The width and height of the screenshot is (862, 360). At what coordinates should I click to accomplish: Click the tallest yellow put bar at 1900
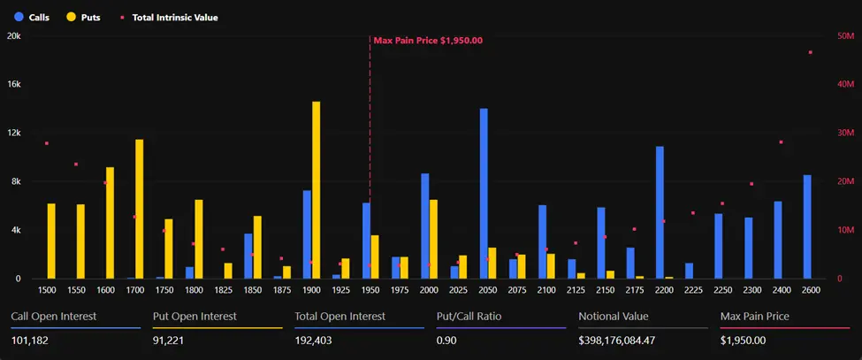(316, 190)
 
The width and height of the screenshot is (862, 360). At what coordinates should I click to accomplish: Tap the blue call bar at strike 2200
(660, 212)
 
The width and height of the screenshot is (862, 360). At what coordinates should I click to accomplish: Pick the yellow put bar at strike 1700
(139, 209)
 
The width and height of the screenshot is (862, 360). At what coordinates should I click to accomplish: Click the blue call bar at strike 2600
(807, 226)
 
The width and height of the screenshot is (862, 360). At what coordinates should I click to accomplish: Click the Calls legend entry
(33, 17)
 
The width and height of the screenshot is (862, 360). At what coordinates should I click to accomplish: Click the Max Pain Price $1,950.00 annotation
(428, 41)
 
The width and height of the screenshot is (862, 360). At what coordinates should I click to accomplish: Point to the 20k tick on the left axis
(14, 36)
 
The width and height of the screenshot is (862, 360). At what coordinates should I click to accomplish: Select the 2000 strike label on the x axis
(429, 289)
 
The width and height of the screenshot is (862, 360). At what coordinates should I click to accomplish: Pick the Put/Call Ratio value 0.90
(448, 341)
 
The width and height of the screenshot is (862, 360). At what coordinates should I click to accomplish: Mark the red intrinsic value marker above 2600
(810, 52)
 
